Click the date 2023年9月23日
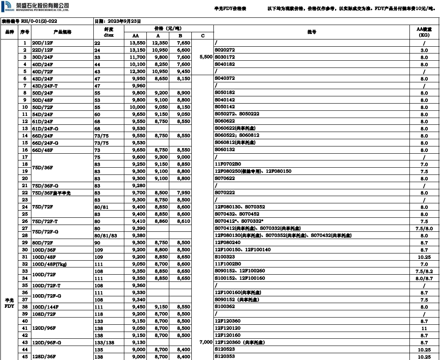click(x=118, y=21)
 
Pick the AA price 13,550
click(x=136, y=43)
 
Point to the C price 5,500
click(x=205, y=57)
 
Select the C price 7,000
click(x=205, y=342)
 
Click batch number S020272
click(x=225, y=50)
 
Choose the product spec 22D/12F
click(x=41, y=50)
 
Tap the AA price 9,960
click(x=136, y=86)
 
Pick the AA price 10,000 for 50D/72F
click(x=136, y=107)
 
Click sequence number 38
click(x=25, y=307)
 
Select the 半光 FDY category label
click(x=9, y=303)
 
